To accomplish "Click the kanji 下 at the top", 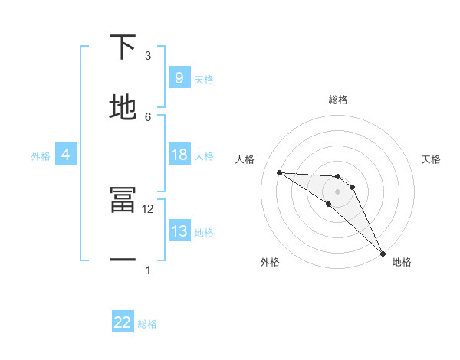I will (123, 48).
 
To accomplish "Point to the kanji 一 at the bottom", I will (123, 260).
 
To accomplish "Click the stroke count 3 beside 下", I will (148, 56).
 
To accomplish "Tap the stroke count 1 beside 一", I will (148, 270).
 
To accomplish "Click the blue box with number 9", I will (179, 77).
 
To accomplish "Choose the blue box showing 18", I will (179, 155).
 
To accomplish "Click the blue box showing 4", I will (65, 155).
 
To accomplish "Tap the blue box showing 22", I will (123, 322).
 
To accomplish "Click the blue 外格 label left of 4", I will (41, 156).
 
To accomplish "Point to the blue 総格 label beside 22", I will (147, 324).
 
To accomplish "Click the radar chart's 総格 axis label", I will (337, 100).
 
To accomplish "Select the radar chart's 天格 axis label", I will (432, 159).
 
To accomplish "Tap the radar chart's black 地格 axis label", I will (402, 262).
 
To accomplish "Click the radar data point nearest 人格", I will (279, 172).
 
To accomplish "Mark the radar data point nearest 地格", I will (383, 254).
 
